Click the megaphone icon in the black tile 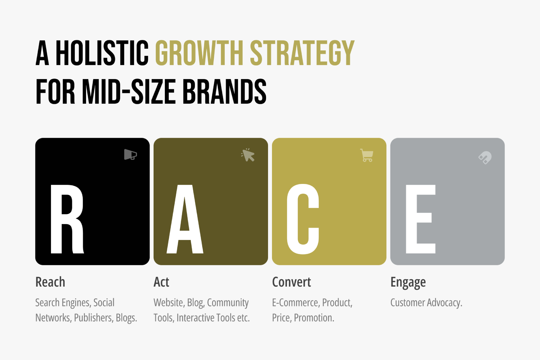pos(130,154)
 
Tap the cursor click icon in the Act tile pos(248,155)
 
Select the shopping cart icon pos(367,155)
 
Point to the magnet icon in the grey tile pos(485,157)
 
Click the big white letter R pos(67,219)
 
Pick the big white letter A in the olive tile pos(185,219)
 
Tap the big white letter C pos(303,219)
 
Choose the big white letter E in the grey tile pos(420,219)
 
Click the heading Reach pos(50,282)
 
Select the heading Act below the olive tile pos(161,282)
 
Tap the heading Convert pos(291,282)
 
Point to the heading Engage pos(408,282)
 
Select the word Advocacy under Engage pos(444,303)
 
